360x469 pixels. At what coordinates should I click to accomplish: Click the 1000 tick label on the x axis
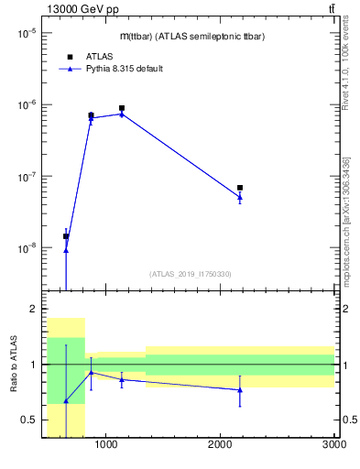pos(106,446)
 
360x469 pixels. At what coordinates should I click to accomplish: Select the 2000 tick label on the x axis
pos(220,446)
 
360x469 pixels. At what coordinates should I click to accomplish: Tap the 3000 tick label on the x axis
pos(333,446)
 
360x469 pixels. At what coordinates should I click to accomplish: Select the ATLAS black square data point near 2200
pos(240,188)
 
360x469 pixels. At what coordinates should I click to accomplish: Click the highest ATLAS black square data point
pos(122,108)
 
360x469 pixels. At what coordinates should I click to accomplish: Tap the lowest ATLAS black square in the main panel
pos(66,236)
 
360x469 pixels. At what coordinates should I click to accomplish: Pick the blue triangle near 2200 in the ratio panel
pos(240,390)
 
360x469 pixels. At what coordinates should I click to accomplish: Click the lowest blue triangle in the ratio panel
pos(66,401)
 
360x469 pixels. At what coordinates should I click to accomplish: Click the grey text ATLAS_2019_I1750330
pos(190,274)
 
